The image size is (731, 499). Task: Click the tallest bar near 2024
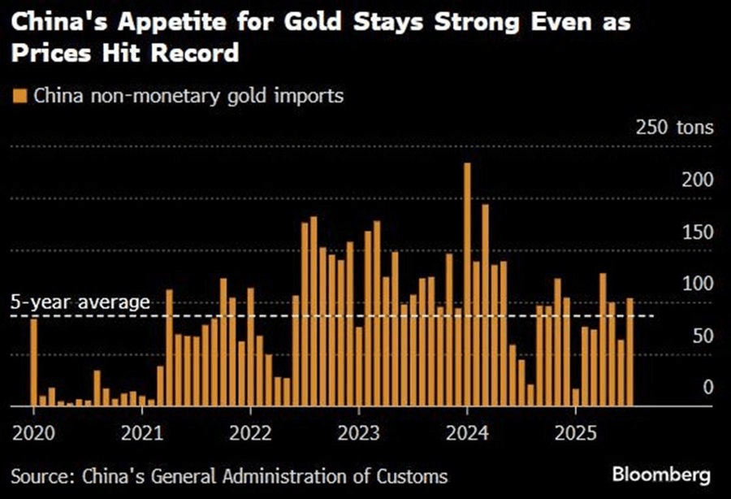[x=467, y=284]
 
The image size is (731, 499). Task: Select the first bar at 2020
[x=34, y=362]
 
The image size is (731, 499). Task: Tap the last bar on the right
[x=630, y=352]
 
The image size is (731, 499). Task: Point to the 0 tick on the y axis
[x=707, y=387]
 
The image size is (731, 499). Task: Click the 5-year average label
[x=80, y=302]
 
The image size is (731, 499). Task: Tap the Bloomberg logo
[x=662, y=473]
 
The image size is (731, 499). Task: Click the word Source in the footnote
[x=41, y=475]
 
